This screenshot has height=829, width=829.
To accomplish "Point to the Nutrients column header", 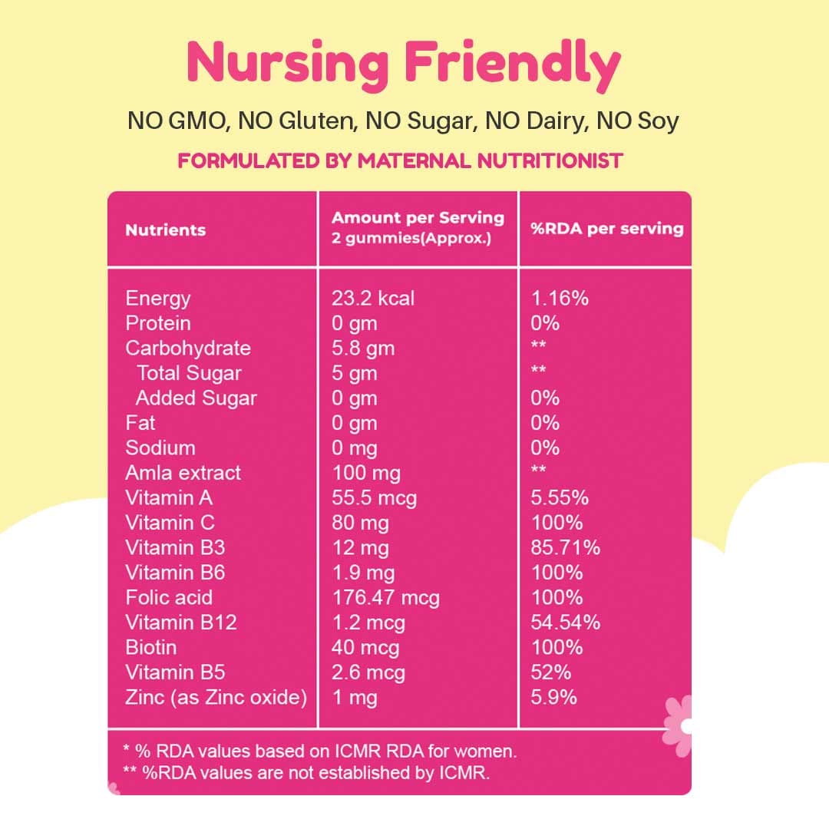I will [166, 230].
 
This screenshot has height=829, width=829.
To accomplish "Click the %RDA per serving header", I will [606, 229].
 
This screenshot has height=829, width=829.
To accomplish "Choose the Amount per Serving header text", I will [418, 218].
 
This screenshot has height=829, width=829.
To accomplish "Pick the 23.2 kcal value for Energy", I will [373, 298].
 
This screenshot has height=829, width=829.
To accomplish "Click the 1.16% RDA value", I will [560, 298].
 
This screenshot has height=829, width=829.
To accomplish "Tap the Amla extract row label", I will [183, 473].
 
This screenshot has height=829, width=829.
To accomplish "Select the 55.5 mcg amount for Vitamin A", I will [374, 498].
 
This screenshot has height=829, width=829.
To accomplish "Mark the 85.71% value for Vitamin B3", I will [566, 547].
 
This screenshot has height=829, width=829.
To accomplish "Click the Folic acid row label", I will [169, 597].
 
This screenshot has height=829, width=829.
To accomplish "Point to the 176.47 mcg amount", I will [385, 597].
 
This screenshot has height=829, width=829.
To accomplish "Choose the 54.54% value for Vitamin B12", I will [566, 623].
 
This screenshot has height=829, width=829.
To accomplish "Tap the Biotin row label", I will [150, 647].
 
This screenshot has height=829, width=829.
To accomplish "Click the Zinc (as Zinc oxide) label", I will [216, 697].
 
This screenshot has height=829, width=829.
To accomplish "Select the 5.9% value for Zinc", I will [554, 697].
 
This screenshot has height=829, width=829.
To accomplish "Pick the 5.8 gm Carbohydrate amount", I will [363, 348].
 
